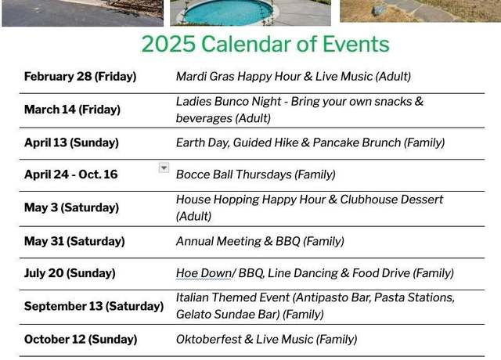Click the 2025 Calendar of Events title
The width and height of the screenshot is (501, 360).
coord(265,44)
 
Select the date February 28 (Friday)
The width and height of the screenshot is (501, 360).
coord(80,77)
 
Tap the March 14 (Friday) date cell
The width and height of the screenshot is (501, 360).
coord(72,110)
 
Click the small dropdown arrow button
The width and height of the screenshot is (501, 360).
coord(164,167)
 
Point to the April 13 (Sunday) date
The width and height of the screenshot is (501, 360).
coord(71,142)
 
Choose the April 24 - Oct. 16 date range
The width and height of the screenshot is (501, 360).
coord(71,175)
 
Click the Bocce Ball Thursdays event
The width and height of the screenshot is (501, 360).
coord(256,175)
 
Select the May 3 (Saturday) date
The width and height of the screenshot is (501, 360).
coord(71,207)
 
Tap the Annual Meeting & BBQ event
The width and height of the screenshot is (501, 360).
coord(260,241)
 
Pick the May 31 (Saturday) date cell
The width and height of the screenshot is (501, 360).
coord(74,241)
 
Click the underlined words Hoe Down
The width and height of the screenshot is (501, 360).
coord(204,273)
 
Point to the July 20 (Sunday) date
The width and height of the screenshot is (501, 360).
coord(70,273)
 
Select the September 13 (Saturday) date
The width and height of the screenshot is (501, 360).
coord(94,306)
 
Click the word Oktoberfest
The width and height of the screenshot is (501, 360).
coord(209,339)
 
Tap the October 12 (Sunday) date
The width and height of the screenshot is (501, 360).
coord(81,339)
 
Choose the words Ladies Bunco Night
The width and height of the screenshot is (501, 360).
coord(229,102)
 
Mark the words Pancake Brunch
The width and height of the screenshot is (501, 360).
coord(357,142)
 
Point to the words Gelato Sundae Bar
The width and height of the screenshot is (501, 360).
coord(228,315)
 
